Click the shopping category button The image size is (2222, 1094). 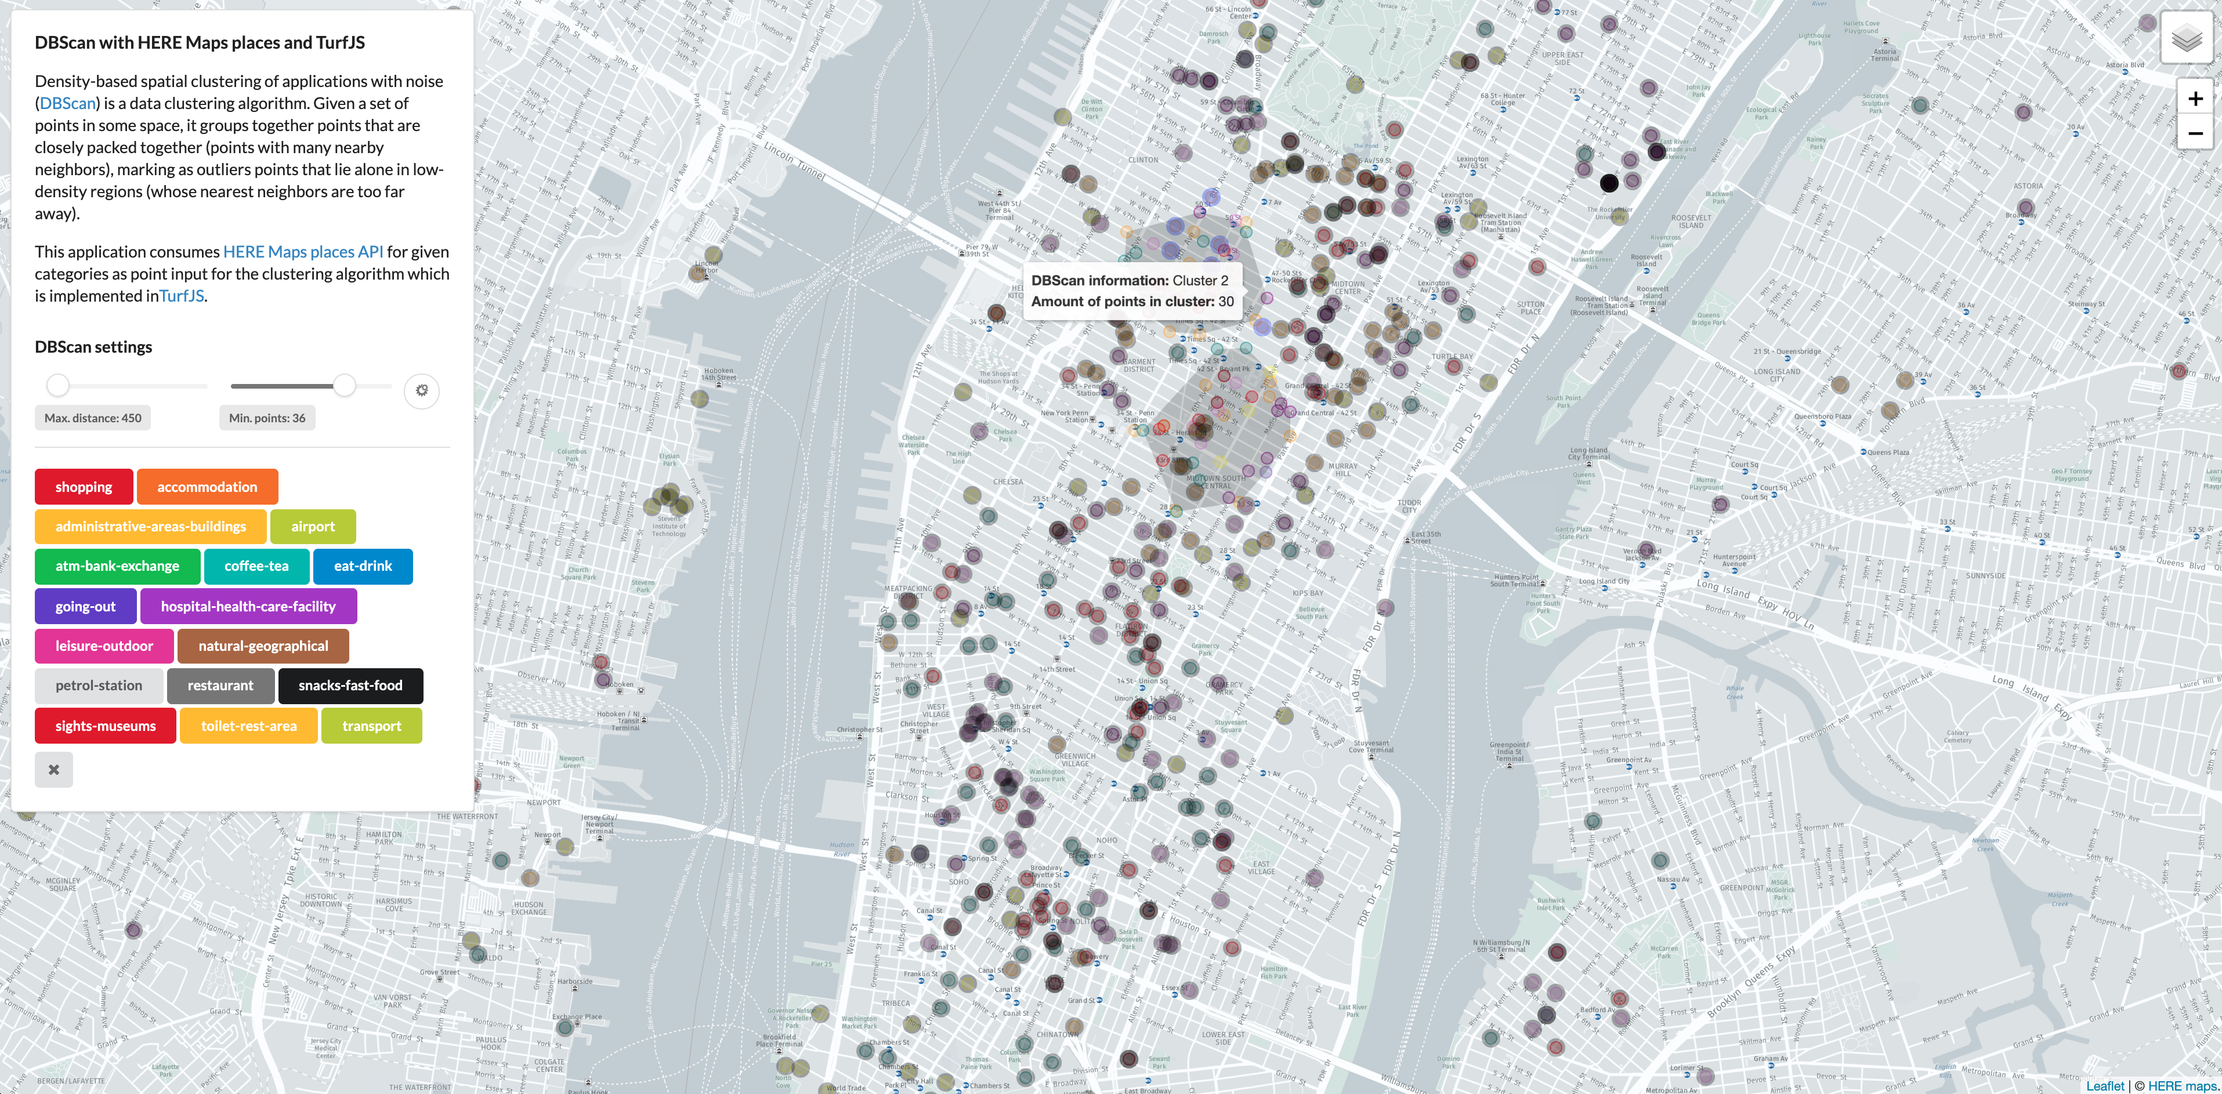pyautogui.click(x=84, y=487)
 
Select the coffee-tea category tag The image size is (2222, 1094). pyautogui.click(x=256, y=566)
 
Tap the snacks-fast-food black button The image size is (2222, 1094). pyautogui.click(x=350, y=685)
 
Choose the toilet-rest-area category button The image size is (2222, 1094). pyautogui.click(x=248, y=726)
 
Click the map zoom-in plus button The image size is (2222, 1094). pyautogui.click(x=2195, y=99)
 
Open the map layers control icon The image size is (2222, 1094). pyautogui.click(x=2186, y=39)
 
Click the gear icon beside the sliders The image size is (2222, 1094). pyautogui.click(x=422, y=391)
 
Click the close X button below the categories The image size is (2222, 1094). pyautogui.click(x=53, y=770)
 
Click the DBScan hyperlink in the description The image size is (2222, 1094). pyautogui.click(x=67, y=103)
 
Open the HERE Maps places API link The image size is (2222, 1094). pyautogui.click(x=303, y=252)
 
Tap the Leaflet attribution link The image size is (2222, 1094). pyautogui.click(x=2105, y=1085)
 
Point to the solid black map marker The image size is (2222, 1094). pyautogui.click(x=1609, y=183)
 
